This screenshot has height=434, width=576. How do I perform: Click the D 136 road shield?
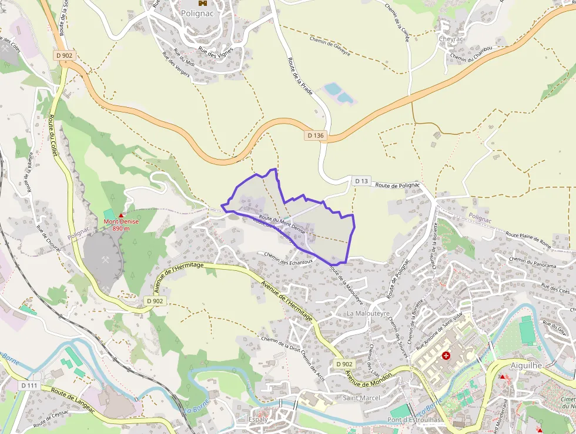coord(315,135)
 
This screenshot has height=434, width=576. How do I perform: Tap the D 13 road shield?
coord(361,181)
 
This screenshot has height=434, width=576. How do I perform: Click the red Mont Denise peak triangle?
coord(121,216)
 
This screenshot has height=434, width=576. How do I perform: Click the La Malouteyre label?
coord(368,313)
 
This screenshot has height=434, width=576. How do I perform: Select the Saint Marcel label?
coord(361,398)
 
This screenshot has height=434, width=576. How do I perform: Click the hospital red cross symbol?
coord(446,356)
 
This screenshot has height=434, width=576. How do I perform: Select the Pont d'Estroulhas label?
coord(411,420)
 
